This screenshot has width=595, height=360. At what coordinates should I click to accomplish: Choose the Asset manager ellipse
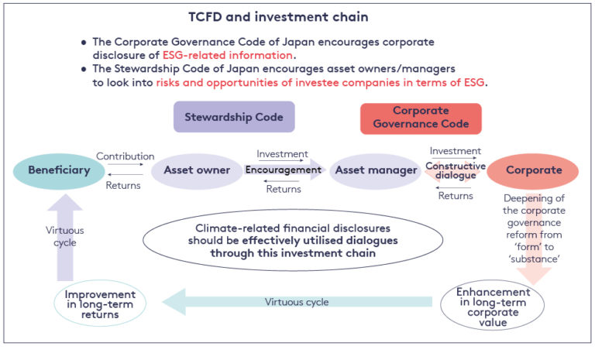374,170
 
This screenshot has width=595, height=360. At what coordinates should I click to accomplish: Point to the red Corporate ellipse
534,170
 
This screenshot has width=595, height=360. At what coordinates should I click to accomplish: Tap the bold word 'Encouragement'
283,170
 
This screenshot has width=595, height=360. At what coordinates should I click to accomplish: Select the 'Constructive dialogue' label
456,171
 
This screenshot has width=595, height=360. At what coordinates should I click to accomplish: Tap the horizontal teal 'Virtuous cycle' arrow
302,301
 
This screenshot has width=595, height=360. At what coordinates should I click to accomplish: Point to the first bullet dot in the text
84,41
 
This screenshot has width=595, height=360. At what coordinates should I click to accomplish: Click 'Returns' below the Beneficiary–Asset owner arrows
124,185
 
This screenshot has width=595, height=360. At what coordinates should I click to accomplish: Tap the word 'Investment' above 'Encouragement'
282,154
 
